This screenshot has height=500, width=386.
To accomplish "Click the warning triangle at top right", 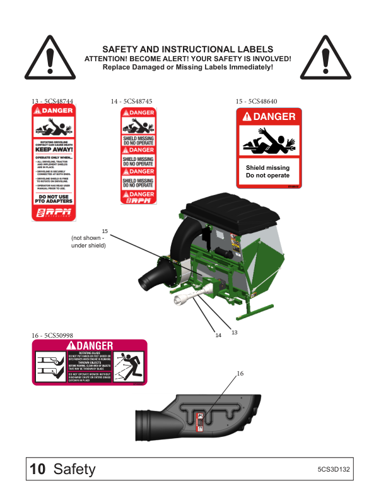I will (x=325, y=57).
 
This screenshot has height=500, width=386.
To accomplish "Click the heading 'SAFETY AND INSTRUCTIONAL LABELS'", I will (x=188, y=49).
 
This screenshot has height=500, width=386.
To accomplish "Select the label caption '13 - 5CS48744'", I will (x=52, y=101).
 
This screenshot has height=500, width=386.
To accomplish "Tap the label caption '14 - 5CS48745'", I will (x=131, y=101).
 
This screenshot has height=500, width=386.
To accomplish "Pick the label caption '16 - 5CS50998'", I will (x=52, y=335).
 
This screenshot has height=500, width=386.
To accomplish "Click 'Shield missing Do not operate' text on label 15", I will (x=268, y=172).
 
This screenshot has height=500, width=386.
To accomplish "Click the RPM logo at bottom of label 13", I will (x=54, y=212).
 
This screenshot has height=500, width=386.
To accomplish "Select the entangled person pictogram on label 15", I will (x=268, y=141).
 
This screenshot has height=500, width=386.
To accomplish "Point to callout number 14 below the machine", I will (x=218, y=335).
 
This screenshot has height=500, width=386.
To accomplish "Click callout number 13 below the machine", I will (x=234, y=332).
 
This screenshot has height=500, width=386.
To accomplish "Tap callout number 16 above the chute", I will (x=240, y=374).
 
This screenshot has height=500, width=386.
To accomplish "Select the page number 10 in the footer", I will (x=38, y=469).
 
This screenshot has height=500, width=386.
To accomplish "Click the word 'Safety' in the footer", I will (x=74, y=469).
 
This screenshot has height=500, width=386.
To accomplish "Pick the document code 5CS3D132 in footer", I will (x=334, y=470).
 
